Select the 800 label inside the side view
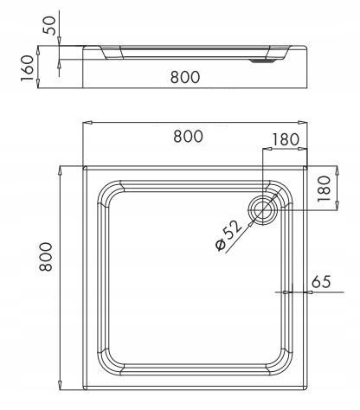(183, 76)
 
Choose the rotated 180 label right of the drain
(324, 188)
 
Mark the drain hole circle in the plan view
(262, 208)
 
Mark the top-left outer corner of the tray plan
(84, 166)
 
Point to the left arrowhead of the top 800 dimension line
(86, 123)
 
